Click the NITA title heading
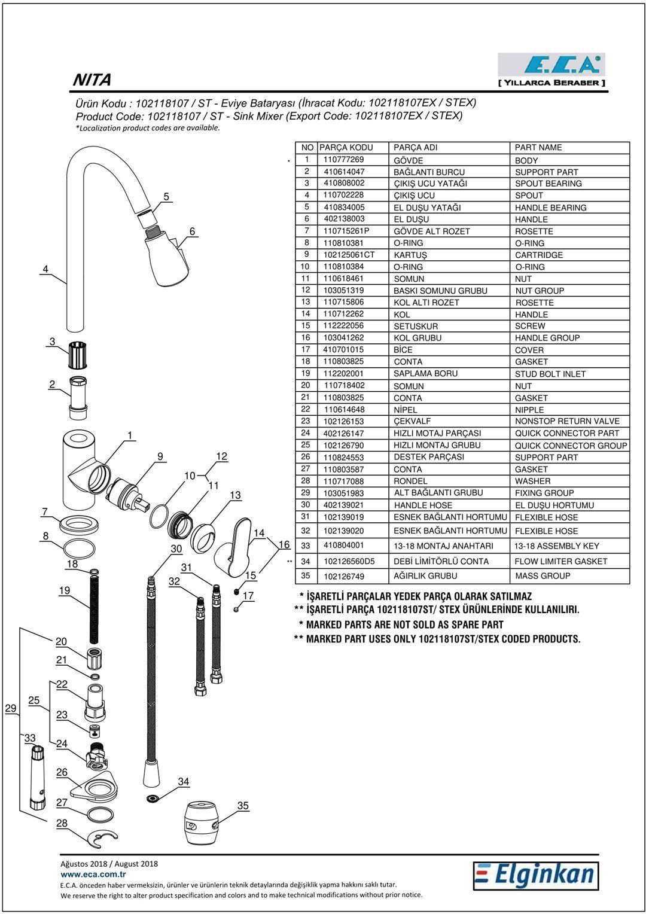click(92, 80)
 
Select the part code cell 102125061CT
click(349, 255)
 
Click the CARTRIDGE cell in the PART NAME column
click(539, 255)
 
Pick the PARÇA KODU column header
click(346, 147)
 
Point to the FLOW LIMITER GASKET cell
click(560, 562)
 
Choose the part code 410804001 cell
click(343, 545)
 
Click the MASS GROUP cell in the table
click(543, 576)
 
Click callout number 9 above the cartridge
click(160, 456)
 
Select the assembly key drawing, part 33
click(38, 778)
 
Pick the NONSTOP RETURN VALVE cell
click(567, 421)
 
